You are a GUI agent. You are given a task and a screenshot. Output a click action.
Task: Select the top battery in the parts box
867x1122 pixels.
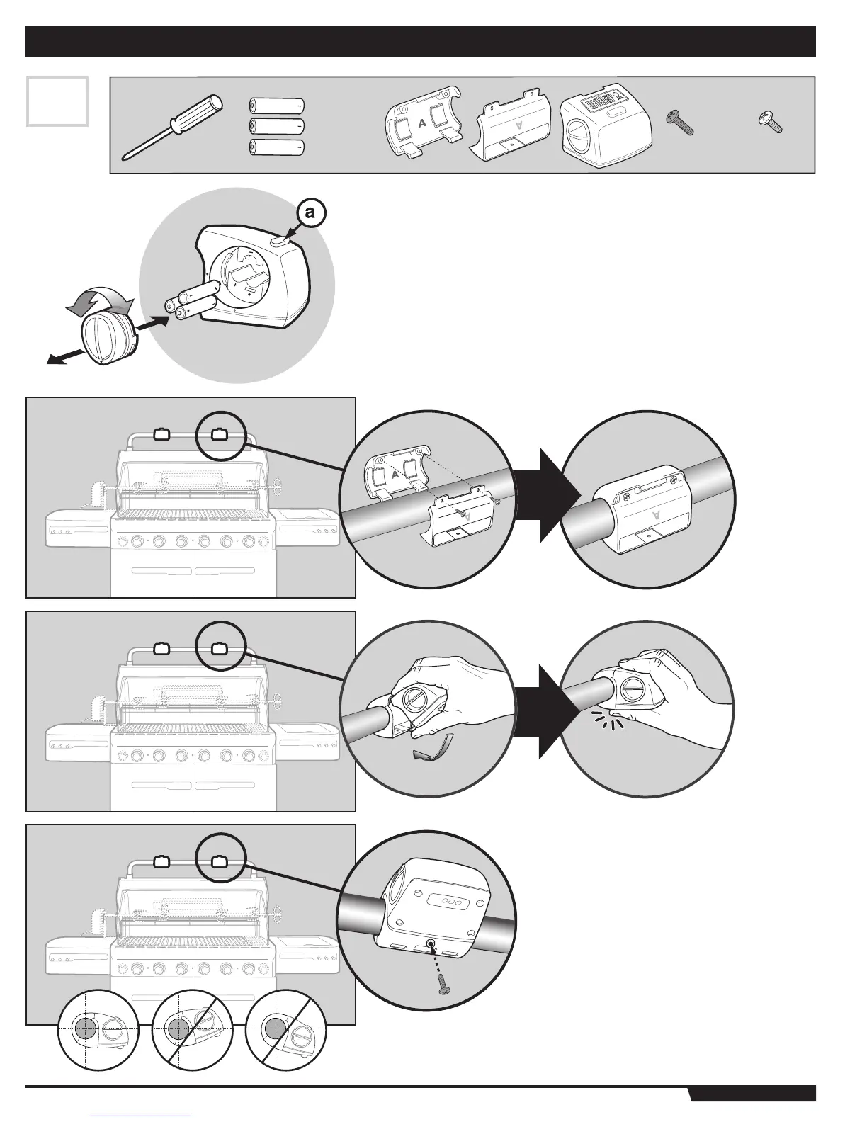[278, 105]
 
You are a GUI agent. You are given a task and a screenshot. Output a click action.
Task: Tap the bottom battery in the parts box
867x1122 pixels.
[278, 147]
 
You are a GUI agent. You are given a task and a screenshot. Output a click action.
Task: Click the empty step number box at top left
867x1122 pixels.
[57, 101]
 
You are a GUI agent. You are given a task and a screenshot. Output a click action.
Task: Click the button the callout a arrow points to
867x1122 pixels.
[280, 242]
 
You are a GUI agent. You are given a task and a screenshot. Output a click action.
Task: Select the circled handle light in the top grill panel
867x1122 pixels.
[220, 434]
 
